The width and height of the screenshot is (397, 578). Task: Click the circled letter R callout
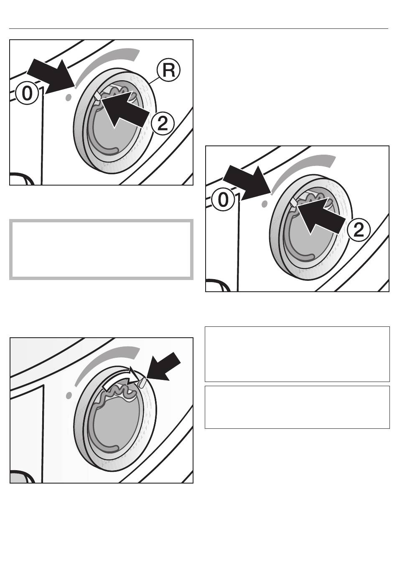(x=168, y=71)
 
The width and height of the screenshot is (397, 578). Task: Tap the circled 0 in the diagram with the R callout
(x=26, y=94)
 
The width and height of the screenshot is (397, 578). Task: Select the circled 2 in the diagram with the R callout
(x=162, y=124)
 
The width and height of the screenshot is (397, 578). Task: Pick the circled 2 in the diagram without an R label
(x=359, y=230)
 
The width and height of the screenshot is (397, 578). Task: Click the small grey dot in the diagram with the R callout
(x=68, y=97)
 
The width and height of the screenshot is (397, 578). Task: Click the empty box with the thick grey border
(x=102, y=250)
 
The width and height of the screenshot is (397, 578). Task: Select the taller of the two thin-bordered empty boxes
(x=297, y=354)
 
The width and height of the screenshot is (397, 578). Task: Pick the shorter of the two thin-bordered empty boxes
(x=297, y=407)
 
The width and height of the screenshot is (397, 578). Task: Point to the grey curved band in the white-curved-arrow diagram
(x=107, y=359)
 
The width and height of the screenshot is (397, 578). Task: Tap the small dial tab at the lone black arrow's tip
(x=143, y=382)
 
